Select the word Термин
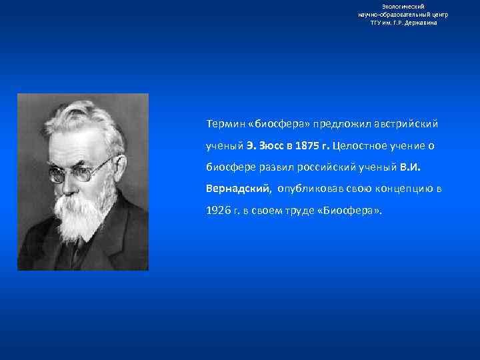[x=225, y=124]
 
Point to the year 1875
[x=305, y=145]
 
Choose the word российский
[x=323, y=167]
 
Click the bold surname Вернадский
[x=238, y=188]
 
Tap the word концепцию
[x=398, y=188]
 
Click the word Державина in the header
[x=421, y=22]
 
